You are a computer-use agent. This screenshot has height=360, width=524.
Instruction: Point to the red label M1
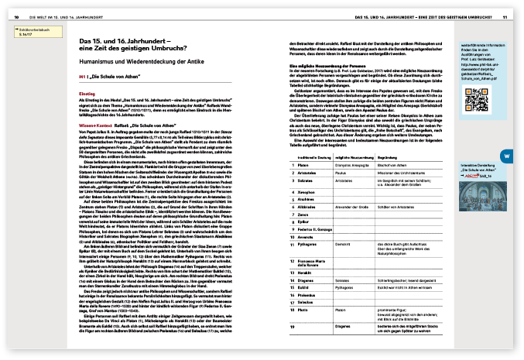point(83,79)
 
